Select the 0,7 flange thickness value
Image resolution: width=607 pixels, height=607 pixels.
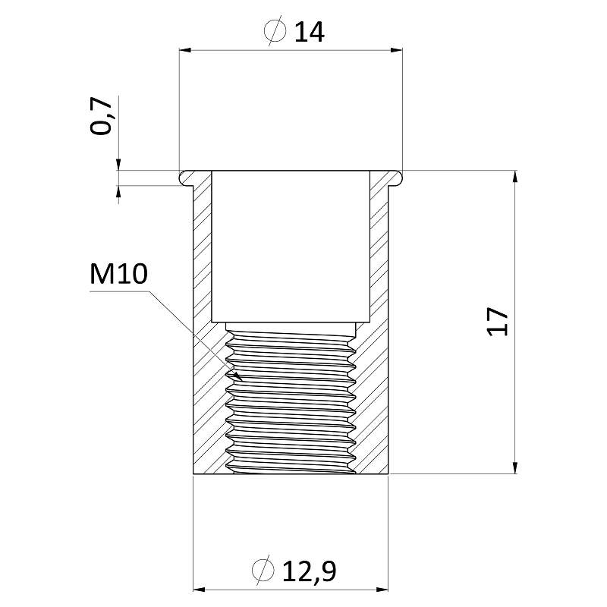[102, 117]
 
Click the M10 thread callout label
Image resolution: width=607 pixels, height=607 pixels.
[118, 275]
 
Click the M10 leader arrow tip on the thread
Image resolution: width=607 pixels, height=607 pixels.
[238, 376]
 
